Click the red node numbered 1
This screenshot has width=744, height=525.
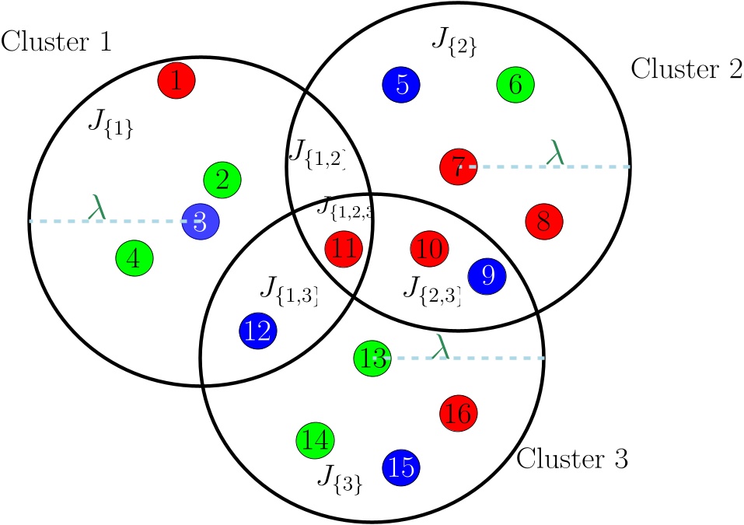coord(176,80)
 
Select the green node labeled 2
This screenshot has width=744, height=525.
coord(222,181)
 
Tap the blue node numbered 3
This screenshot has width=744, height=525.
coord(201,222)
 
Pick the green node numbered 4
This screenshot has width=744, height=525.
coord(134,257)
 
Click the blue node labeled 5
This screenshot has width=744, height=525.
coord(401,84)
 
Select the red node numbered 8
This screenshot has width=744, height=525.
coord(543,221)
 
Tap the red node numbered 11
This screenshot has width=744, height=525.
coord(343,250)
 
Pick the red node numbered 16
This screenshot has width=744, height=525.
coord(459,412)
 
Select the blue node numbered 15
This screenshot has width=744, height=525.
coord(402,467)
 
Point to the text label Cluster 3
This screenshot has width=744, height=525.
coord(572,459)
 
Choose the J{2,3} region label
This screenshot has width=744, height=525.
coord(432,291)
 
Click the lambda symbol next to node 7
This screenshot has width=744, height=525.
coord(555,154)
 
